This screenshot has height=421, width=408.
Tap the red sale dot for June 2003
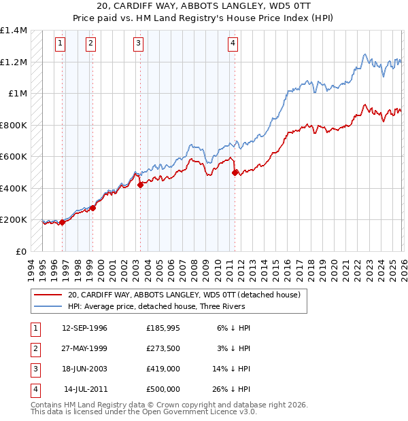click(x=140, y=185)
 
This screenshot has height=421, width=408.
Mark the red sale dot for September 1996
click(x=62, y=222)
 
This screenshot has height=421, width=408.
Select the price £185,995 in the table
click(x=163, y=328)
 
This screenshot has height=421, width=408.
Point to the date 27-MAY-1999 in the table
click(x=84, y=348)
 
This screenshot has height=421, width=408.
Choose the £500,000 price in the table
click(x=163, y=389)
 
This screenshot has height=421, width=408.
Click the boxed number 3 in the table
click(x=34, y=369)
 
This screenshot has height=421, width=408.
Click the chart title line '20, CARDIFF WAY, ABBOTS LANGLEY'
click(x=204, y=7)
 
